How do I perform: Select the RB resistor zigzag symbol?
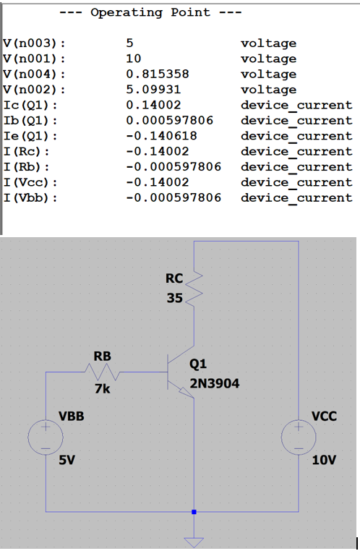[102, 372]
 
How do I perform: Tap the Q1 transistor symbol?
[177, 373]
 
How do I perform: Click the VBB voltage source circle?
[46, 438]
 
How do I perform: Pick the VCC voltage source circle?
[298, 438]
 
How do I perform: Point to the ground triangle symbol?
[194, 541]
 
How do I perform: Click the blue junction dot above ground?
[194, 512]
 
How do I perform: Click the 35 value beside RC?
[173, 297]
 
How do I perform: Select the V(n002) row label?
[34, 90]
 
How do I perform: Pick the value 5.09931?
[154, 90]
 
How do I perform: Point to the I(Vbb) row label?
[30, 197]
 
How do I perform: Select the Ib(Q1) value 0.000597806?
[169, 121]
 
